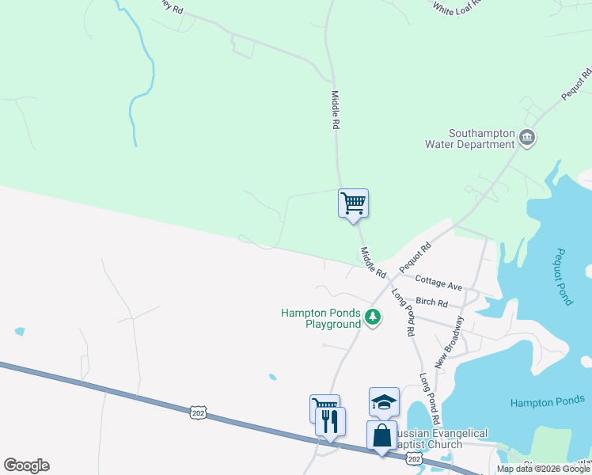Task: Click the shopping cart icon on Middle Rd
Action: (x=353, y=203)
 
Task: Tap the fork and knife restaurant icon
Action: (x=330, y=420)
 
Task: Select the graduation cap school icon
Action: (x=384, y=401)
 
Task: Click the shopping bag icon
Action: (x=381, y=435)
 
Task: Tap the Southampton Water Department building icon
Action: (x=526, y=139)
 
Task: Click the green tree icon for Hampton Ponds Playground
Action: (x=373, y=318)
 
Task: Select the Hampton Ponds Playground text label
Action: (x=321, y=318)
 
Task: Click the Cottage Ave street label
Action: (x=438, y=284)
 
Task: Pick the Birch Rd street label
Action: (x=431, y=303)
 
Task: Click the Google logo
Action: (x=26, y=465)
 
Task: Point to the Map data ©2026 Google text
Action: (x=544, y=469)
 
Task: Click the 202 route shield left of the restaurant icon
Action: (x=198, y=412)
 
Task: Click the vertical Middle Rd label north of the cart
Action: (x=335, y=110)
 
